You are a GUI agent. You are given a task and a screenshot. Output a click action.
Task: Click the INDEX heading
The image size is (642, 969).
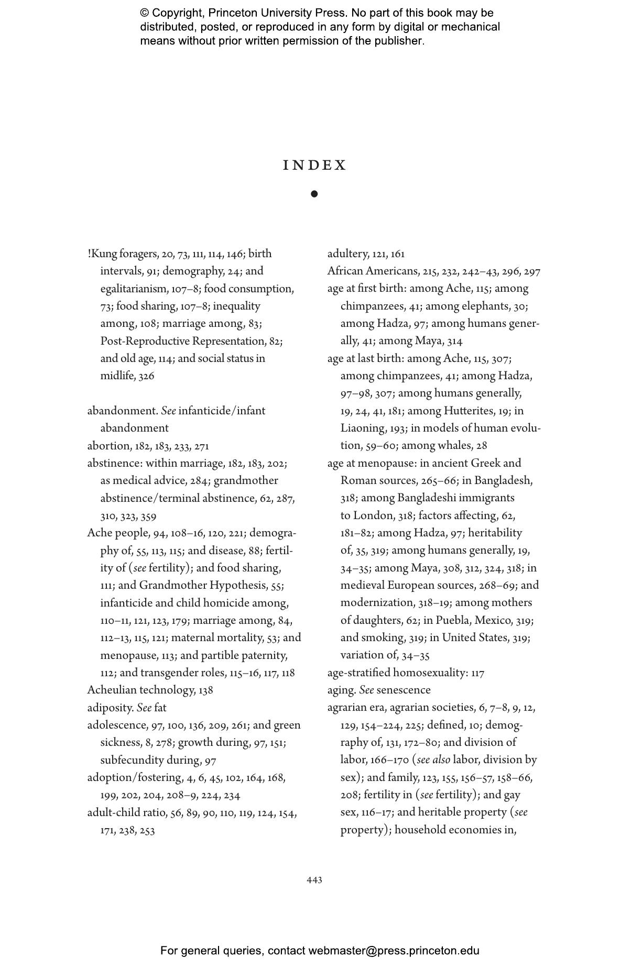[x=314, y=166]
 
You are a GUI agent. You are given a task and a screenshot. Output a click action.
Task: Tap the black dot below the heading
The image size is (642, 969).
[x=314, y=194]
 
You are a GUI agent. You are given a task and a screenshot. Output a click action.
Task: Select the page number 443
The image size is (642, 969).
[x=314, y=880]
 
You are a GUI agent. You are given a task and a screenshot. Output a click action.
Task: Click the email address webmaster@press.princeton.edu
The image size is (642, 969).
[x=394, y=951]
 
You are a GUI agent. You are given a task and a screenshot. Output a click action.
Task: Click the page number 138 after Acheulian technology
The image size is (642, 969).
[x=206, y=690]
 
